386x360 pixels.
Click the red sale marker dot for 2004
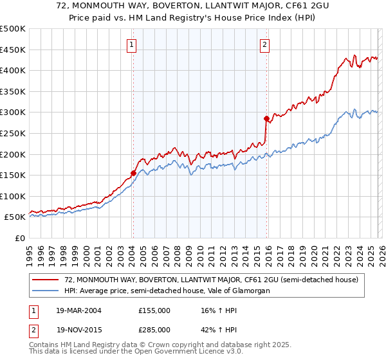click(x=133, y=173)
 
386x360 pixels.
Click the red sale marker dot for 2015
click(x=266, y=118)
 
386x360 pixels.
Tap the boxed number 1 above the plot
click(x=132, y=44)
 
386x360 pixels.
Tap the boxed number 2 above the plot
click(x=264, y=44)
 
